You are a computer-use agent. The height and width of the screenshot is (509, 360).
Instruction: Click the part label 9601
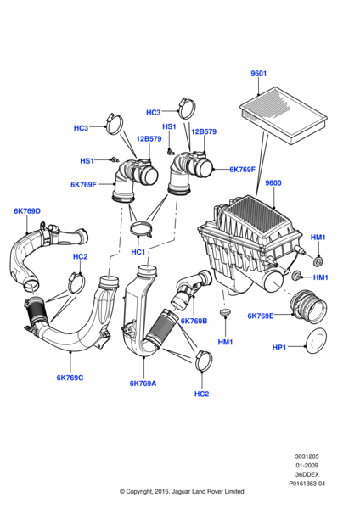260,74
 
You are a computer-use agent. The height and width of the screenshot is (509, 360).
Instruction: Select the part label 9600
273,183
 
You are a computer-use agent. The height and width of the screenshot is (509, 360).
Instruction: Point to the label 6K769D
26,211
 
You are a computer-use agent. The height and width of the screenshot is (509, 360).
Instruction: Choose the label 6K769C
70,378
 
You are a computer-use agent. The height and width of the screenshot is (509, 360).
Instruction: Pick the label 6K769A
143,383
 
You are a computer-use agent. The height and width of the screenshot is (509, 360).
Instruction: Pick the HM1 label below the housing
224,342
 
